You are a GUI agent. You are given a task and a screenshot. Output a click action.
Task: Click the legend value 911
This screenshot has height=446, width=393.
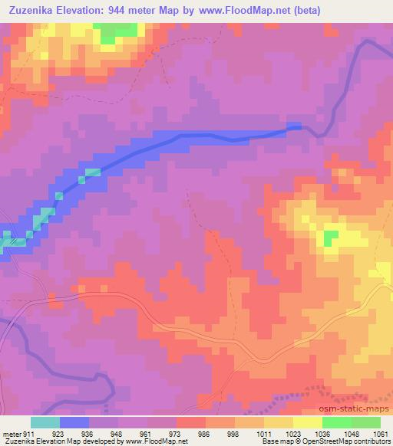tap(28, 434)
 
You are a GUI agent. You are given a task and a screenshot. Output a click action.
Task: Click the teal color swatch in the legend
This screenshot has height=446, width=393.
tap(45, 422)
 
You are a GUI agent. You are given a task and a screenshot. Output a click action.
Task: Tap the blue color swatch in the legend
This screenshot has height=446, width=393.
tap(74, 422)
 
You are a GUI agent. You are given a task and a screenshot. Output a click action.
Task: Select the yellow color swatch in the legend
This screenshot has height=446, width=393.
tap(307, 422)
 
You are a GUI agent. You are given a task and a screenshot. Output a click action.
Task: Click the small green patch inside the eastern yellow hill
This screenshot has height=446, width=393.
tap(331, 238)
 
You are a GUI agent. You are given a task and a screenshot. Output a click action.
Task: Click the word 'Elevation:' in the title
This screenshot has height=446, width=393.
tap(89, 10)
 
